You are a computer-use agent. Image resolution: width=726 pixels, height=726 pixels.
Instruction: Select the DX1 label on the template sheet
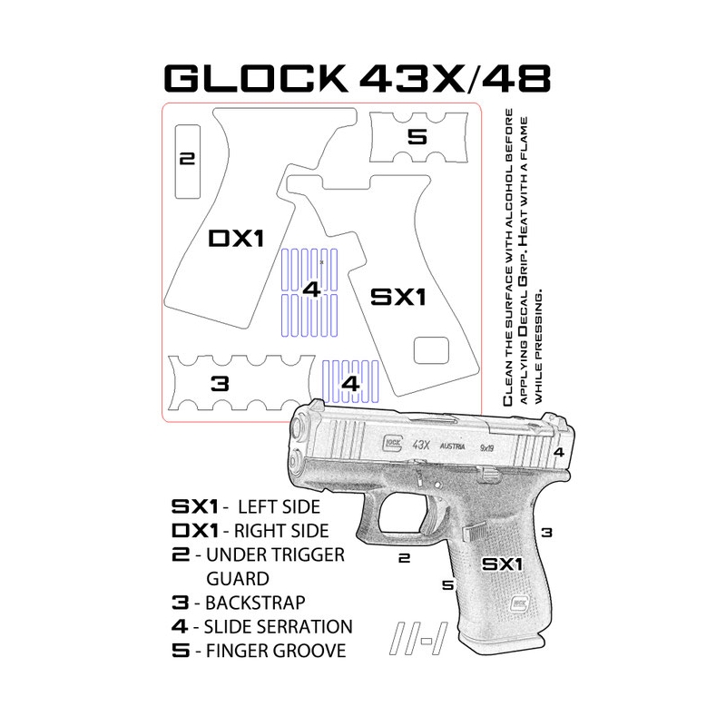237,239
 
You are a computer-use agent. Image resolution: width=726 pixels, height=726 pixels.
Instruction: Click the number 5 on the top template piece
417,138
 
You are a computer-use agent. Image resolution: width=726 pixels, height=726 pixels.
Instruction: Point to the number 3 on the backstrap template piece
219,383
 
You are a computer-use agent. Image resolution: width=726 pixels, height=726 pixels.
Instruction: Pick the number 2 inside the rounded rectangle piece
188,160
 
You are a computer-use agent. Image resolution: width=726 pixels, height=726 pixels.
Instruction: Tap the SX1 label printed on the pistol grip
502,564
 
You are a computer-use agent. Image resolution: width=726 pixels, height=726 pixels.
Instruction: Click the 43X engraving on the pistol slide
420,445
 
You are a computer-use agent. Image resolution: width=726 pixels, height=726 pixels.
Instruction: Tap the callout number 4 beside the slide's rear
559,451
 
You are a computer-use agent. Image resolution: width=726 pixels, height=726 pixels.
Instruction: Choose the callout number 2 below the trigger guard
405,560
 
